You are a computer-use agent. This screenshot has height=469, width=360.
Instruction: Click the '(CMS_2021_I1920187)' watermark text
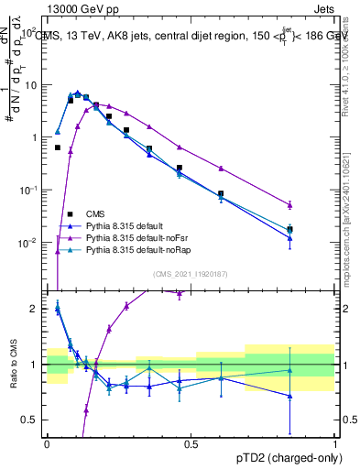pos(191,274)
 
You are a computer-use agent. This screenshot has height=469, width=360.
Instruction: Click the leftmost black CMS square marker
pos(58,147)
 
